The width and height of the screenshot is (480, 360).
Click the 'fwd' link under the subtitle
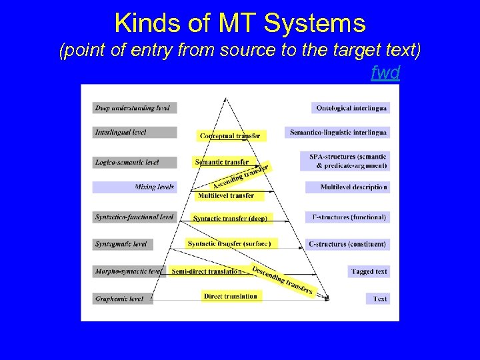pos(385,73)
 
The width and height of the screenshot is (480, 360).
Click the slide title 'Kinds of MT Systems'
pos(240,23)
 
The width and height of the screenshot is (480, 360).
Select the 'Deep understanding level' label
pos(134,108)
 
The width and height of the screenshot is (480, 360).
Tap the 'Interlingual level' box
pos(134,133)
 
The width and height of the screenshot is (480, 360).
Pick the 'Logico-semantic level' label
pos(134,162)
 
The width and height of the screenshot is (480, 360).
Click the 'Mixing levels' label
pos(134,187)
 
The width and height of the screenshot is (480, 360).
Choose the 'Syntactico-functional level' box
pos(134,217)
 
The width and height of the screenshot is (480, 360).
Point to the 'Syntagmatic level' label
pos(123,244)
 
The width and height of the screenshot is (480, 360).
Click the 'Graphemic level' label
pos(123,299)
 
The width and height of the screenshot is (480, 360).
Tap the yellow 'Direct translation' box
pos(231,295)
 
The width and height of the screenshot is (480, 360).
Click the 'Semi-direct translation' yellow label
pos(207,271)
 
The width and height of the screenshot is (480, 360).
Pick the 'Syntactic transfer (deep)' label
pos(230,218)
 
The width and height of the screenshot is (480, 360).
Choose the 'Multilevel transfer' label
pos(225,195)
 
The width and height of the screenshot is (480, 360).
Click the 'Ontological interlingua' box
pos(350,108)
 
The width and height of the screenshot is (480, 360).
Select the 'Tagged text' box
pos(369,271)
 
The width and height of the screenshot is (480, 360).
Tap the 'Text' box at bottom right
pos(378,299)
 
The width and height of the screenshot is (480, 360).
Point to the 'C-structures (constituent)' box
pos(347,244)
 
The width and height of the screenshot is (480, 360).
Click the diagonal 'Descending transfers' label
pos(282,281)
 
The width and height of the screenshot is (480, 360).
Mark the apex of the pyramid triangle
pos(227,99)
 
